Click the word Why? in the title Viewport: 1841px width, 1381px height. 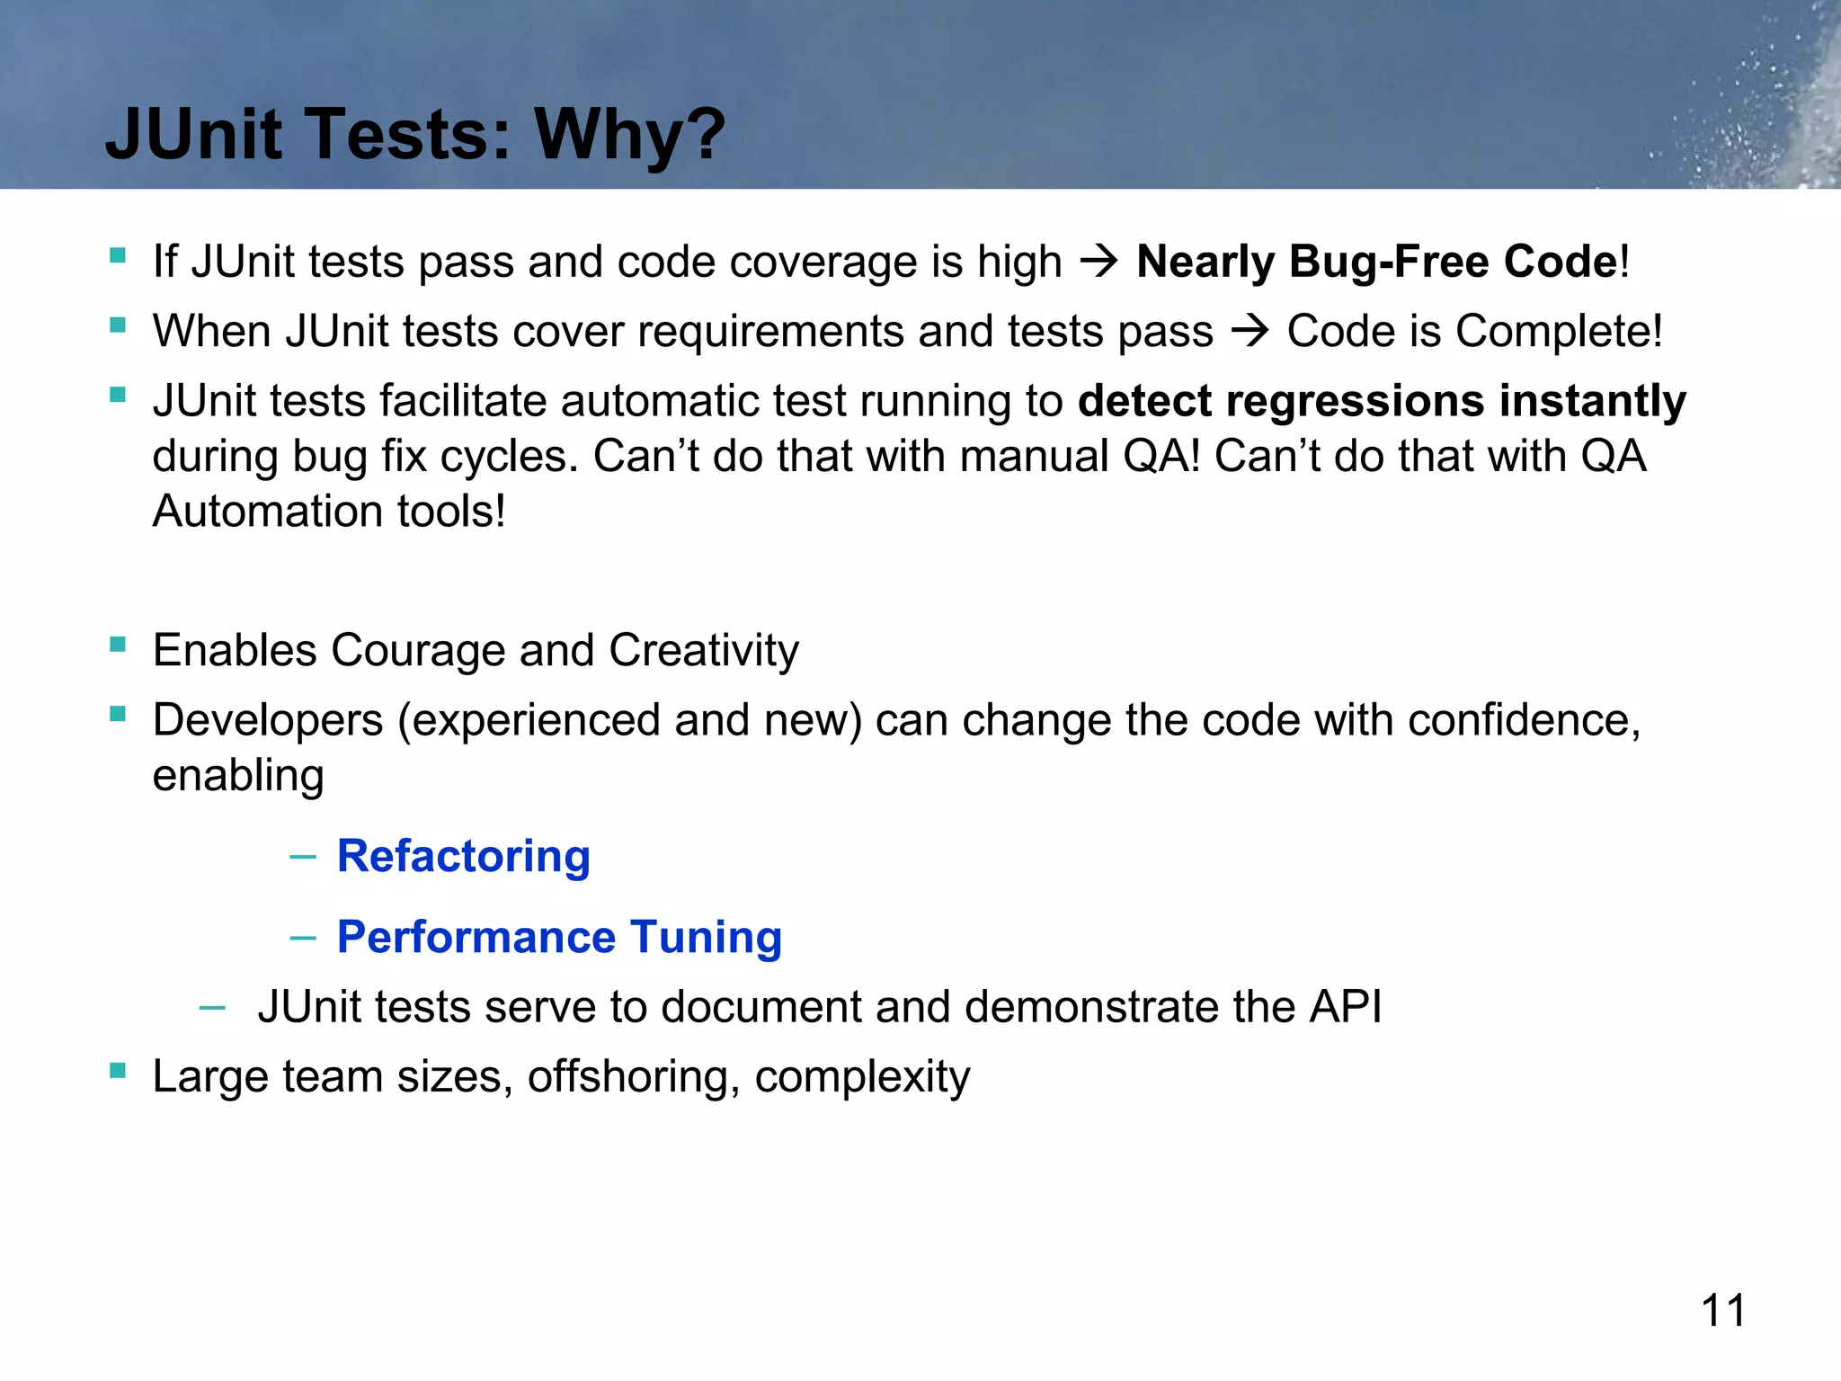[x=629, y=135]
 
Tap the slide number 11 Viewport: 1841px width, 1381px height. [x=1723, y=1310]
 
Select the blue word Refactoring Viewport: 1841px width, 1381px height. [x=464, y=856]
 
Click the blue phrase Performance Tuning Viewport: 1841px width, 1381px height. [x=559, y=937]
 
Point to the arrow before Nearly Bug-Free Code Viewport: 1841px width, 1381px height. [x=1098, y=262]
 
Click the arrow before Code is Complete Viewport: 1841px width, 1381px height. [x=1250, y=332]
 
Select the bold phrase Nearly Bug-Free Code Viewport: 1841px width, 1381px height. [x=1377, y=262]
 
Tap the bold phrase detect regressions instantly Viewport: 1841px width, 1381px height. [x=1382, y=401]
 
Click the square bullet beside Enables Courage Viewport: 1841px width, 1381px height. [x=118, y=645]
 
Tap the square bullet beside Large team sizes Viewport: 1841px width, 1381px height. [x=118, y=1071]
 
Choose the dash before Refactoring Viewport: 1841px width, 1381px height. [x=303, y=857]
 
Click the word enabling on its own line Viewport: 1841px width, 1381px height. [x=238, y=776]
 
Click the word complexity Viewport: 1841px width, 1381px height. [x=862, y=1076]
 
